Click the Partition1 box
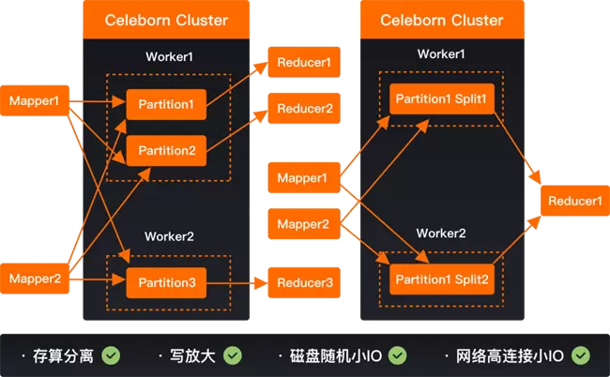point(166,104)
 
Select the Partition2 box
point(166,150)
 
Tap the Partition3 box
point(166,282)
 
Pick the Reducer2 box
point(304,109)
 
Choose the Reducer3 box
point(304,282)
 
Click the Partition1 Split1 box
point(442,98)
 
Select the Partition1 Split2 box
point(442,279)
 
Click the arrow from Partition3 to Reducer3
point(237,283)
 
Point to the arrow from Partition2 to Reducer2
point(237,131)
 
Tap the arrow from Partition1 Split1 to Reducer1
point(517,148)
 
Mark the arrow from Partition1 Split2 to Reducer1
point(517,240)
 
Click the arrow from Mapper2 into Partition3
point(98,279)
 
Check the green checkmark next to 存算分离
point(111,355)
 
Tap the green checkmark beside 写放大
point(233,355)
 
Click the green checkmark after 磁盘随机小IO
point(398,355)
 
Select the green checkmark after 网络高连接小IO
point(580,355)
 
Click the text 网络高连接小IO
point(510,356)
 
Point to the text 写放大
point(192,356)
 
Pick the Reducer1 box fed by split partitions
point(575,201)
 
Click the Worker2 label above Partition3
point(169,236)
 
